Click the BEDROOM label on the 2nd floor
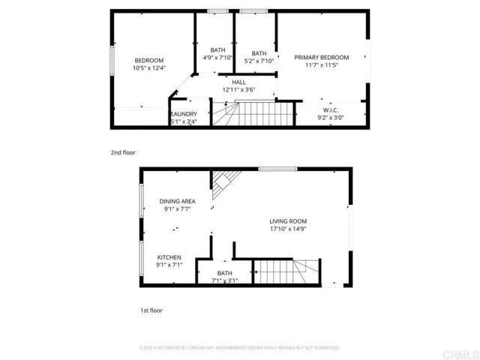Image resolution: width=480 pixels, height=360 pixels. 148,61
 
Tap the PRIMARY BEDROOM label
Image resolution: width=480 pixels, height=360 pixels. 321,58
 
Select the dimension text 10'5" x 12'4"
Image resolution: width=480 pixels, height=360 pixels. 148,68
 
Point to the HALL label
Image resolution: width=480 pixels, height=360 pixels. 238,82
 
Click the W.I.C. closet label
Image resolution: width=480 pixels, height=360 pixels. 331,109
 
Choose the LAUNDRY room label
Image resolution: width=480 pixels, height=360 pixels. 183,114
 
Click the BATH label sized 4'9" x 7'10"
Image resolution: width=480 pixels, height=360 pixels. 218,50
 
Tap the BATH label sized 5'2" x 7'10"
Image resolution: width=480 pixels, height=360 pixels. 259,53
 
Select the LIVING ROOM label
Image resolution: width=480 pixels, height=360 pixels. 289,221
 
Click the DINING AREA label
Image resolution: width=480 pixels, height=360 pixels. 177,201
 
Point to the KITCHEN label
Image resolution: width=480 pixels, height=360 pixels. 169,257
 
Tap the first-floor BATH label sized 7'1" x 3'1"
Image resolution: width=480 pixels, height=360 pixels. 224,273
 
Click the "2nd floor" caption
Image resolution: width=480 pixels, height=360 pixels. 123,152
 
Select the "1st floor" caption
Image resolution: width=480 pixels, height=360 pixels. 151,310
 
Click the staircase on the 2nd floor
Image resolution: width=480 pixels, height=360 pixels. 251,115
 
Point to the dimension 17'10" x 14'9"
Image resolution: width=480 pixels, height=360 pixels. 289,229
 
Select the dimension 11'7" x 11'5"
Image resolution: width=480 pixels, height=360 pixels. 321,65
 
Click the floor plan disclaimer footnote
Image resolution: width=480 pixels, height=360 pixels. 239,348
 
